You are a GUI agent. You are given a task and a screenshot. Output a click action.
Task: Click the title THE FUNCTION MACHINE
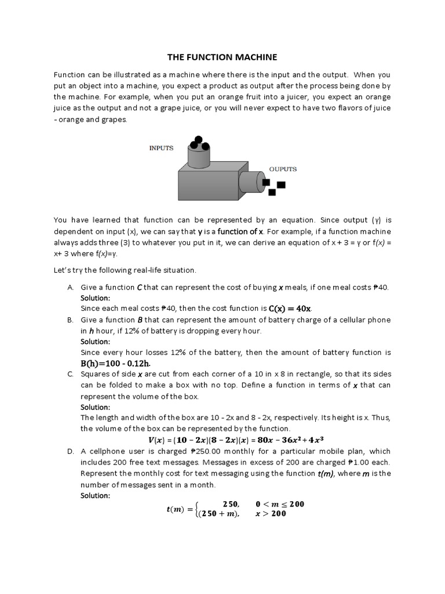tap(222, 57)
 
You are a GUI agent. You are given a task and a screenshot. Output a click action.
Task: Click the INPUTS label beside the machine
tap(161, 148)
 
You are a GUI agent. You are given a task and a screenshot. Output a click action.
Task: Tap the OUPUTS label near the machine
tap(283, 169)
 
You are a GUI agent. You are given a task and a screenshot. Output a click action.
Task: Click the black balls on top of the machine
tap(198, 143)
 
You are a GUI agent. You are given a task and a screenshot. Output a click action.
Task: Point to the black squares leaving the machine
tap(273, 186)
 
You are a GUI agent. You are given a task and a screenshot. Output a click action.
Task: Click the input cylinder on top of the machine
tap(198, 155)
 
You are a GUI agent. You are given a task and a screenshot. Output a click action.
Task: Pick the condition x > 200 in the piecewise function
tap(271, 514)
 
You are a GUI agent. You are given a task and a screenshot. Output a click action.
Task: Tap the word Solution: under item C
tap(95, 407)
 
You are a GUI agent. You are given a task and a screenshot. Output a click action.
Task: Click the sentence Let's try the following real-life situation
tap(125, 270)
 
